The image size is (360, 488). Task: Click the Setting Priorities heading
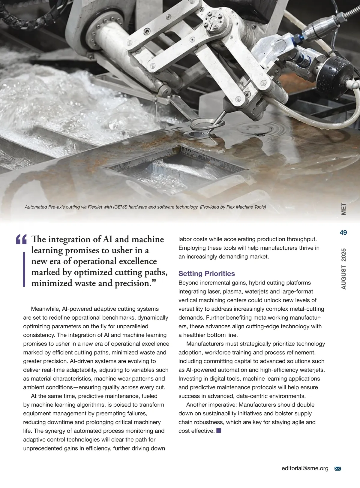pyautogui.click(x=206, y=273)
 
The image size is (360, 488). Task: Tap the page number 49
pyautogui.click(x=343, y=233)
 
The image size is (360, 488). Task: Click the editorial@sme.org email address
pyautogui.click(x=305, y=468)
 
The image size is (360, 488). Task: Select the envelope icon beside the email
pyautogui.click(x=337, y=468)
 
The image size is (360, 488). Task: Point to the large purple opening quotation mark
pyautogui.click(x=22, y=240)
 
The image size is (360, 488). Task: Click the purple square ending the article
pyautogui.click(x=218, y=431)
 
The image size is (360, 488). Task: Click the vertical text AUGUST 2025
pyautogui.click(x=343, y=269)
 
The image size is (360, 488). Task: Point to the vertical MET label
pyautogui.click(x=343, y=209)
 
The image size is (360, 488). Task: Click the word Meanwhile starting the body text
pyautogui.click(x=46, y=309)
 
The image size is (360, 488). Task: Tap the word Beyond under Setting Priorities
pyautogui.click(x=188, y=283)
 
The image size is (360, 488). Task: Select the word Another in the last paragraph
pyautogui.click(x=196, y=405)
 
